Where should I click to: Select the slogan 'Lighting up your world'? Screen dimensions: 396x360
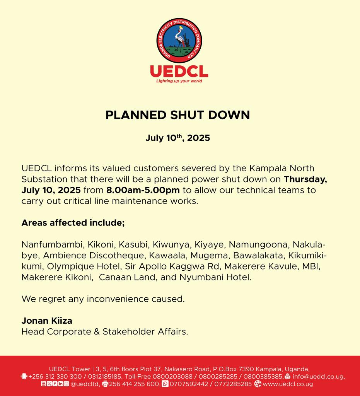pyautogui.click(x=179, y=81)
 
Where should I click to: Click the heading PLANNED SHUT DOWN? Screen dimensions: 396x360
pyautogui.click(x=177, y=115)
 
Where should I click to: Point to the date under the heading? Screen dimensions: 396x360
pyautogui.click(x=177, y=138)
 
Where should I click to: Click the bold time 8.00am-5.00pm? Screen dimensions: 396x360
pyautogui.click(x=143, y=190)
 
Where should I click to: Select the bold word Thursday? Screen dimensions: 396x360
pyautogui.click(x=305, y=179)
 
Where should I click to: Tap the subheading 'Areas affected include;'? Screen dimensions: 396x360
pyautogui.click(x=73, y=223)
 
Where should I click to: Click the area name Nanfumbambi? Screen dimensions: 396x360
pyautogui.click(x=52, y=245)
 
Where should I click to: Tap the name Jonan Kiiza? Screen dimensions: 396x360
pyautogui.click(x=47, y=321)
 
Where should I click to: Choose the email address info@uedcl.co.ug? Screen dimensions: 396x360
pyautogui.click(x=318, y=377)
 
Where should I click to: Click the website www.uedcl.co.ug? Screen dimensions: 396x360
pyautogui.click(x=287, y=384)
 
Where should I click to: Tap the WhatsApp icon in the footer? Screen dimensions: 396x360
pyautogui.click(x=165, y=384)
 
